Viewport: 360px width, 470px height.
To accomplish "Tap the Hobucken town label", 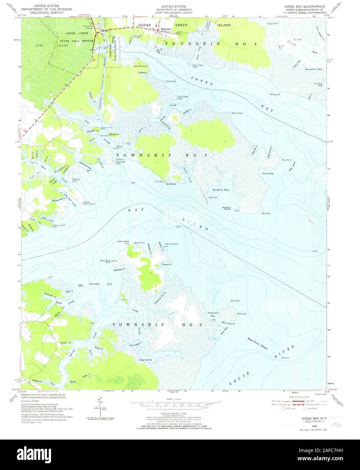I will click(x=166, y=29).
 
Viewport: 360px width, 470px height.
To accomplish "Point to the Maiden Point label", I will click(x=237, y=113).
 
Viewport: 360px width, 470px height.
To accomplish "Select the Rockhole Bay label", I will click(x=220, y=190).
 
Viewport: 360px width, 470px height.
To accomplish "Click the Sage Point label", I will click(x=213, y=197).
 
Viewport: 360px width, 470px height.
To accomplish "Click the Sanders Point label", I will click(x=89, y=204).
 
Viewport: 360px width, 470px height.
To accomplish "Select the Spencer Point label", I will click(x=59, y=225).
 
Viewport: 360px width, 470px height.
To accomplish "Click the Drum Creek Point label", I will click(x=198, y=66).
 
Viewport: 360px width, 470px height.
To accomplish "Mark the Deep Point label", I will click(x=235, y=301).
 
